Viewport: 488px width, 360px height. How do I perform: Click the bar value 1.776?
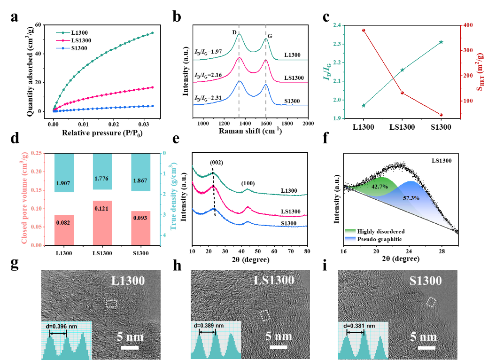coord(102,178)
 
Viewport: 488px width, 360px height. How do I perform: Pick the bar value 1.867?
coord(140,180)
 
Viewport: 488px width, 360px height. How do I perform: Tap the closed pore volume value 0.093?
coord(140,218)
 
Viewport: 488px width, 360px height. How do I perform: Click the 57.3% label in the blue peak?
coord(411,198)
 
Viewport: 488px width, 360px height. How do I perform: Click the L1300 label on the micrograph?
coord(128,281)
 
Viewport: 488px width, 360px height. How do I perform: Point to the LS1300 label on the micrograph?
coord(274,281)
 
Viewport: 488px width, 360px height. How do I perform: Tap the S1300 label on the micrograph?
coord(425,281)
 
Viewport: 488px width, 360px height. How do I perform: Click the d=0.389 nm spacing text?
coord(209,325)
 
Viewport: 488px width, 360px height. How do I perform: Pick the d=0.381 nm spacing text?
coord(359,325)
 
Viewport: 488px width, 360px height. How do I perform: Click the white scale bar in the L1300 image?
coord(130,348)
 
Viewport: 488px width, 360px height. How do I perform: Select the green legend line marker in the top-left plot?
coord(63,33)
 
